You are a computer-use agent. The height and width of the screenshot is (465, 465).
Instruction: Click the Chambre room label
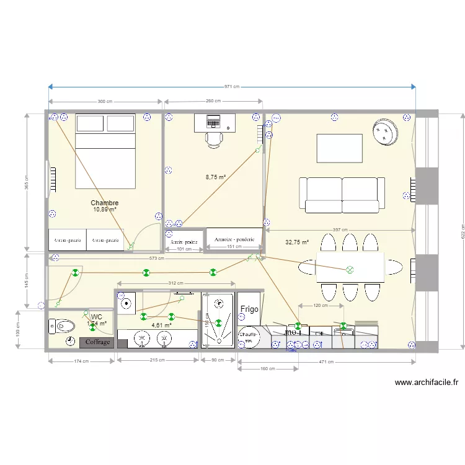(104, 203)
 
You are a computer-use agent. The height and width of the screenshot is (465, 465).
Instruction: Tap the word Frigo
(249, 309)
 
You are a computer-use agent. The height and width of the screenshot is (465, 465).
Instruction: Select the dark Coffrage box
(97, 342)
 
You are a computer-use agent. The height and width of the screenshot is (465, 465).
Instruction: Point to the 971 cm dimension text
(232, 87)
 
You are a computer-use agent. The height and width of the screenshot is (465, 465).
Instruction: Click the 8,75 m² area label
(215, 177)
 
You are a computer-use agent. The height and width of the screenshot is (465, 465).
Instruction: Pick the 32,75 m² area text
(297, 243)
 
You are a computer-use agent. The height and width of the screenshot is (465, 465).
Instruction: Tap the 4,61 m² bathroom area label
(161, 325)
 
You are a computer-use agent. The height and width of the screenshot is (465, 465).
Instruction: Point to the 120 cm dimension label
(321, 306)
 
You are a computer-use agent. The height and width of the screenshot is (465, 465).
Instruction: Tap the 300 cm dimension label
(105, 102)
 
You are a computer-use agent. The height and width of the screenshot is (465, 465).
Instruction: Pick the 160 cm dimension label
(268, 369)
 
